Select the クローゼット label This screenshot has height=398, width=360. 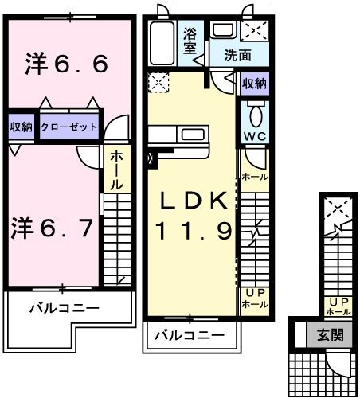coord(69,127)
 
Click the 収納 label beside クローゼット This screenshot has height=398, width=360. coord(22,127)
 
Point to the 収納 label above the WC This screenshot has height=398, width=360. coord(254,83)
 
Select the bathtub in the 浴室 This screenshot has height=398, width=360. coord(163,45)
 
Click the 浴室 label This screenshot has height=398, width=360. coord(190,41)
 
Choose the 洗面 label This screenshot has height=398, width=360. coord(237,57)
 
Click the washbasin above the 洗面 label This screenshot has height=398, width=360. coord(223,29)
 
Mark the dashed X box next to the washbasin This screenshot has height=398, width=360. coord(254,29)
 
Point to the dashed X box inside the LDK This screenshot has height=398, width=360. coord(158,83)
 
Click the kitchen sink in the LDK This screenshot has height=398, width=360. coord(190,132)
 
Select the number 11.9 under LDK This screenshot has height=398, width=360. coord(193,232)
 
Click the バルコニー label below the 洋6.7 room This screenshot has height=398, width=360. coord(65,307)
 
